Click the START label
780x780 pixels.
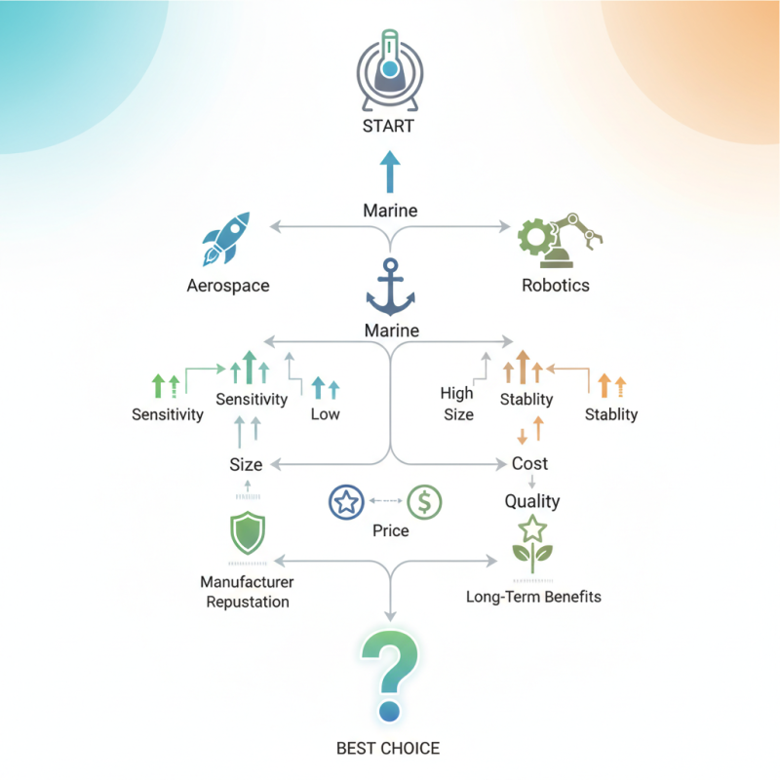tap(388, 126)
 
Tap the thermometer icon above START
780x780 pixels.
tap(390, 69)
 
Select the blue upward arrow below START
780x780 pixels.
tap(390, 172)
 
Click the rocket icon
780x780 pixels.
tap(226, 239)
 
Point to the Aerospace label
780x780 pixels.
tap(228, 286)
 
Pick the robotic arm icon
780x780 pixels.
tap(560, 237)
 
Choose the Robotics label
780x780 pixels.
tap(556, 285)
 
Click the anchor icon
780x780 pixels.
tap(391, 287)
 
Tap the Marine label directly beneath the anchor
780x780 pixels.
tap(392, 331)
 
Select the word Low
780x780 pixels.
tap(326, 413)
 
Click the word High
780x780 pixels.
tap(456, 394)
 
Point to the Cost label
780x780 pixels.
tap(529, 464)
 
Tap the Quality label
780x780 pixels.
tap(532, 501)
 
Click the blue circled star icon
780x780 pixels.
tap(346, 502)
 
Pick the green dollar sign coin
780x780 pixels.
tap(424, 502)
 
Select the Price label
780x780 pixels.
tap(391, 530)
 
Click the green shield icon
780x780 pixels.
tap(248, 532)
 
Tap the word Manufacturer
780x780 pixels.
tap(247, 582)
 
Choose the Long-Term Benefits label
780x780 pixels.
tap(533, 597)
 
